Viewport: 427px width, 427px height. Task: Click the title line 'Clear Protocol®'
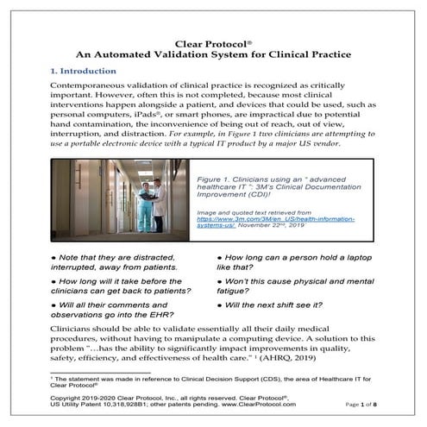[x=213, y=41]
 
